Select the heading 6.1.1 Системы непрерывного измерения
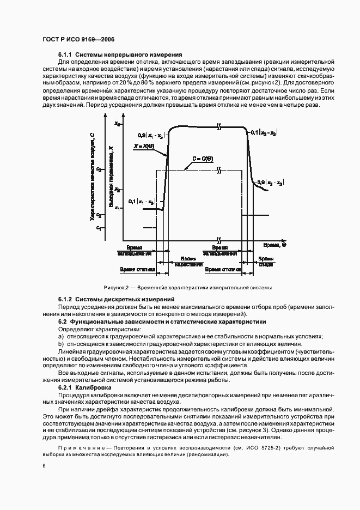click(120, 55)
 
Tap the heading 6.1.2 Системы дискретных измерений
click(116, 299)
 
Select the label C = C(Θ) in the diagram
click(202, 159)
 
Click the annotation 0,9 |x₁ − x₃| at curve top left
click(152, 135)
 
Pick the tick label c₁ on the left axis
click(99, 228)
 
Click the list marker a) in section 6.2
click(61, 337)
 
